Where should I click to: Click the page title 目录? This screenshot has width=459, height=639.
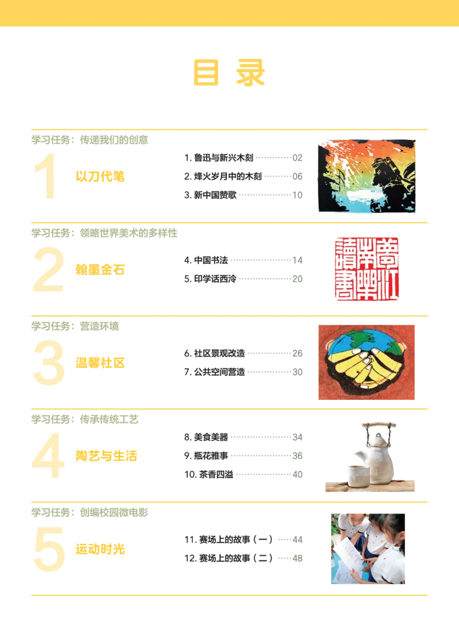pyautogui.click(x=229, y=72)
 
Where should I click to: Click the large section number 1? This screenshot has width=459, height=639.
pyautogui.click(x=46, y=176)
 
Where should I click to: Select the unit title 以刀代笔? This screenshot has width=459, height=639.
pyautogui.click(x=100, y=177)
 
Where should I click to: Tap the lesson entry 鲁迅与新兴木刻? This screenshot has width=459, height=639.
pyautogui.click(x=223, y=158)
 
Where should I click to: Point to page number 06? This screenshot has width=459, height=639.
pyautogui.click(x=298, y=177)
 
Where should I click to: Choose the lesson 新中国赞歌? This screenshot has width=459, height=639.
pyautogui.click(x=215, y=195)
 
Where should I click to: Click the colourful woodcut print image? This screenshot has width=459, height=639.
pyautogui.click(x=367, y=176)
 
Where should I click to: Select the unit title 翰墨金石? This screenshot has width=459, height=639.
pyautogui.click(x=100, y=270)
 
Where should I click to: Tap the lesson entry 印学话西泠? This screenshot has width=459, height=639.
pyautogui.click(x=215, y=279)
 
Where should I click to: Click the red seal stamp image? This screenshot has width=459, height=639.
pyautogui.click(x=367, y=269)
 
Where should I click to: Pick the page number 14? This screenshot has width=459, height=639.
pyautogui.click(x=298, y=260)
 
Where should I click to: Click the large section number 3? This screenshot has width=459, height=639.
pyautogui.click(x=49, y=363)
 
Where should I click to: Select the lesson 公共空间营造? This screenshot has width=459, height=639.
pyautogui.click(x=219, y=372)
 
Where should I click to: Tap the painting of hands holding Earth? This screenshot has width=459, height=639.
pyautogui.click(x=367, y=363)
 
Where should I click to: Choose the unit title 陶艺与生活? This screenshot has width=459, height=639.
pyautogui.click(x=106, y=455)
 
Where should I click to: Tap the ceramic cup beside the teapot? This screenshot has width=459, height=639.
pyautogui.click(x=359, y=476)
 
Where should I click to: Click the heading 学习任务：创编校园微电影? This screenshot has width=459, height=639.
pyautogui.click(x=90, y=512)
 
